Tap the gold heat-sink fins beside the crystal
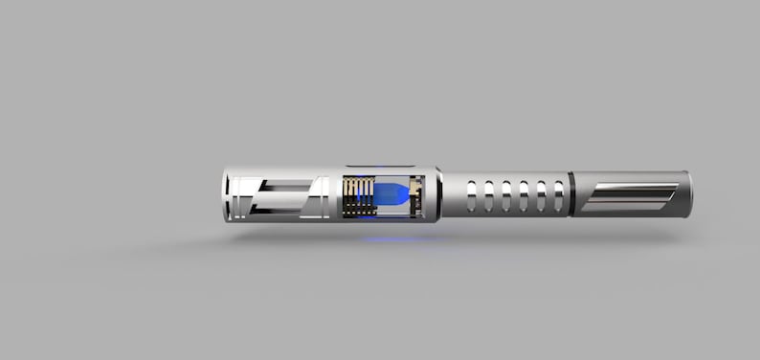coord(358,195)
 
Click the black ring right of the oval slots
coord(571,194)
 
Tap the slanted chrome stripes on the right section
coord(630,196)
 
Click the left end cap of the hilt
coord(227,195)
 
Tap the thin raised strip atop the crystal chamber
coord(378,167)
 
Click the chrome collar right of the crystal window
coord(434,194)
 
